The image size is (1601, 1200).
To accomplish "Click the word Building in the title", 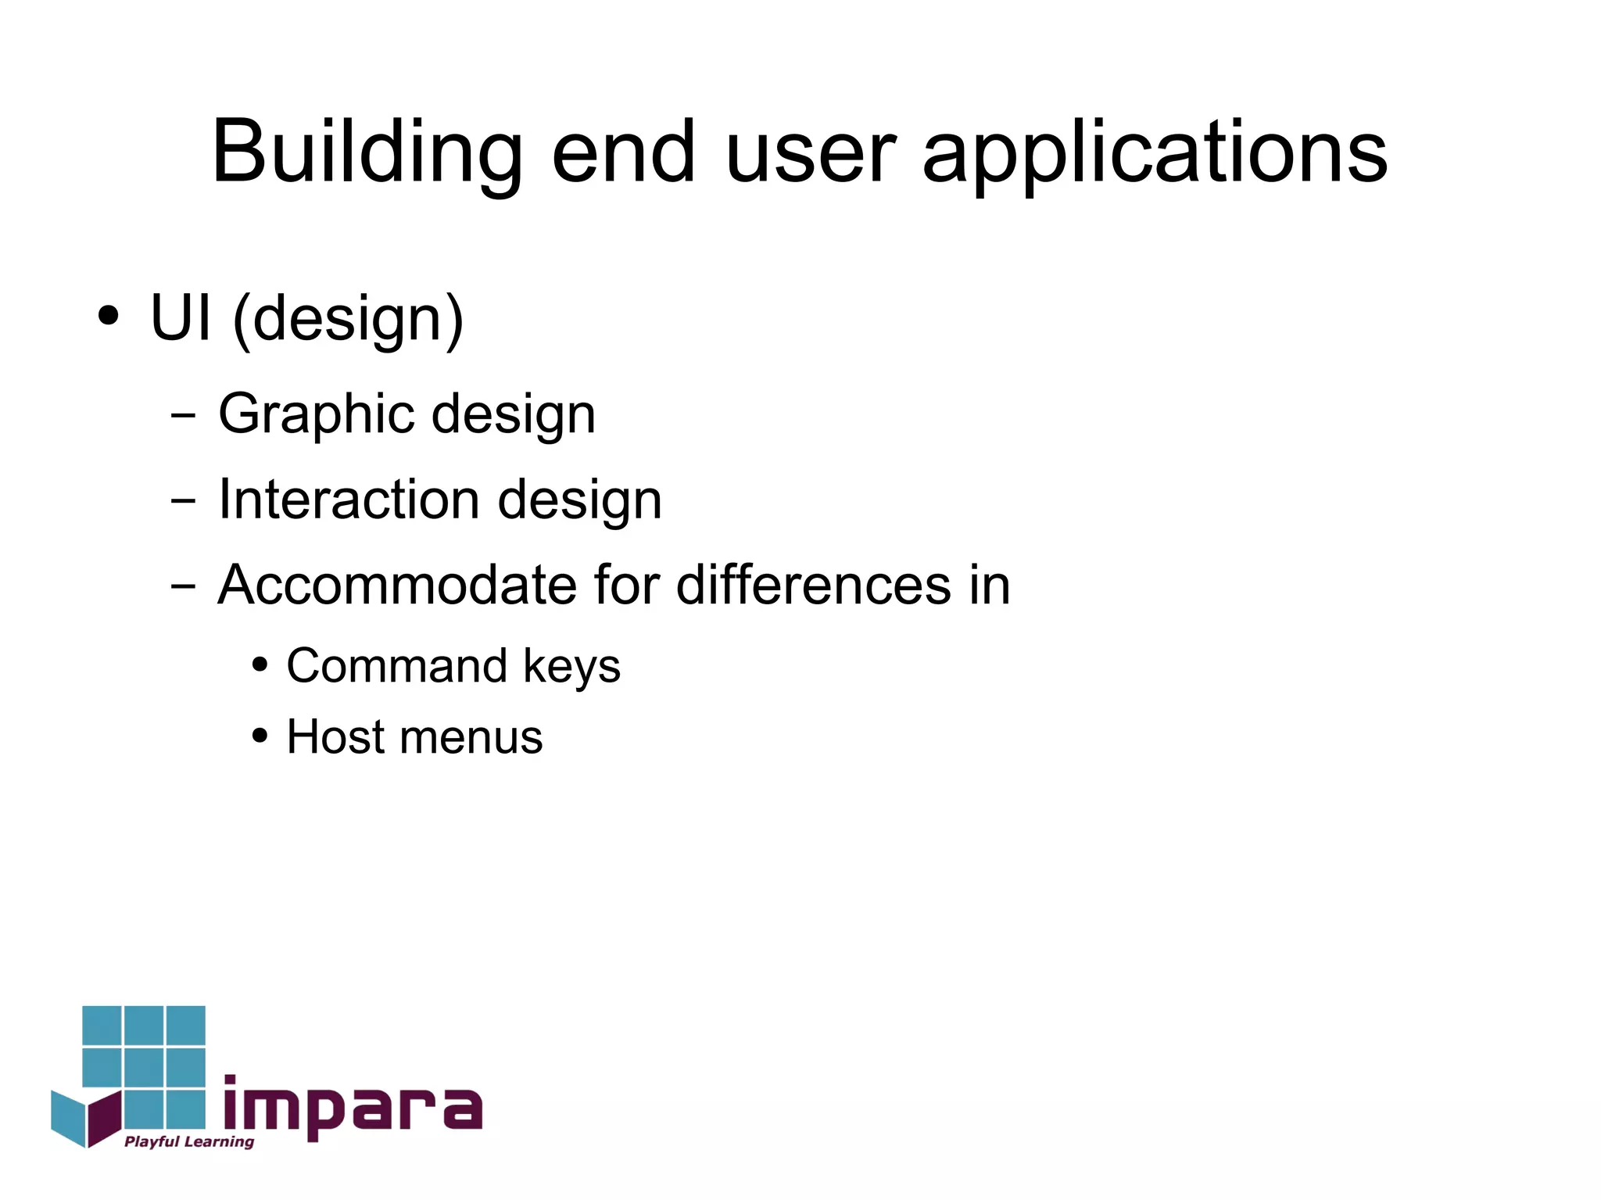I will click(x=366, y=152).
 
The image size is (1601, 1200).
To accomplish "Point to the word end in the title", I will click(x=623, y=152).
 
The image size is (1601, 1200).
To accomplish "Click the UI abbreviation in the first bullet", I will click(x=181, y=318).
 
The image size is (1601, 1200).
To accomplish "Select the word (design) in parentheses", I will click(x=348, y=320).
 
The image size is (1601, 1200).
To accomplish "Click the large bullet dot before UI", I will click(x=109, y=317).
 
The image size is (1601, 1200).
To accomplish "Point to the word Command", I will click(x=397, y=666).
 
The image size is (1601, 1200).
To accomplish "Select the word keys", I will click(x=571, y=668).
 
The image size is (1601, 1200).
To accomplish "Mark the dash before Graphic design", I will click(x=183, y=415).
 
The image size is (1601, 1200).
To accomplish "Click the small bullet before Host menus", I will click(x=260, y=736).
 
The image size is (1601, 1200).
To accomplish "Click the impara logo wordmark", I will click(x=353, y=1109).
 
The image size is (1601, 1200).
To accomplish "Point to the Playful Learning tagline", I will click(x=189, y=1142).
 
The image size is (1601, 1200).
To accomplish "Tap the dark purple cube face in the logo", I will click(x=104, y=1118).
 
